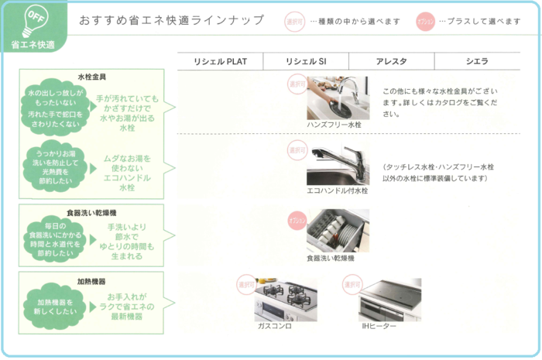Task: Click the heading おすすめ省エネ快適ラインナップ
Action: pyautogui.click(x=171, y=20)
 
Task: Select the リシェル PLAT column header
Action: pyautogui.click(x=220, y=61)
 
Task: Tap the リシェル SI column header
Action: pyautogui.click(x=305, y=61)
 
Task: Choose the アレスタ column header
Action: pyautogui.click(x=391, y=61)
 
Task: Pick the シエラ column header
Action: pyautogui.click(x=476, y=61)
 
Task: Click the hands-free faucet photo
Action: pyautogui.click(x=338, y=97)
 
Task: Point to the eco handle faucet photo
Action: pyautogui.click(x=338, y=163)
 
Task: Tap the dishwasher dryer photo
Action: pyautogui.click(x=338, y=230)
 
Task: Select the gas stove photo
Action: pyautogui.click(x=285, y=299)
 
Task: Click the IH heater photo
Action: pyautogui.click(x=390, y=299)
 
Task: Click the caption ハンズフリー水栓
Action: pyautogui.click(x=334, y=124)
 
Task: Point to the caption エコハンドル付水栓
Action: pyautogui.click(x=338, y=190)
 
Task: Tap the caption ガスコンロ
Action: pyautogui.click(x=275, y=327)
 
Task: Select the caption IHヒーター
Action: pyautogui.click(x=379, y=327)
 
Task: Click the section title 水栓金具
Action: pyautogui.click(x=91, y=77)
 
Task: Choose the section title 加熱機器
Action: pyautogui.click(x=91, y=282)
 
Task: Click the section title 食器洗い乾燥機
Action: pyautogui.click(x=91, y=211)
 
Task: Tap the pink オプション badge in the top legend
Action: pyautogui.click(x=425, y=21)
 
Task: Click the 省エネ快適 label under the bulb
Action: pyautogui.click(x=33, y=45)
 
